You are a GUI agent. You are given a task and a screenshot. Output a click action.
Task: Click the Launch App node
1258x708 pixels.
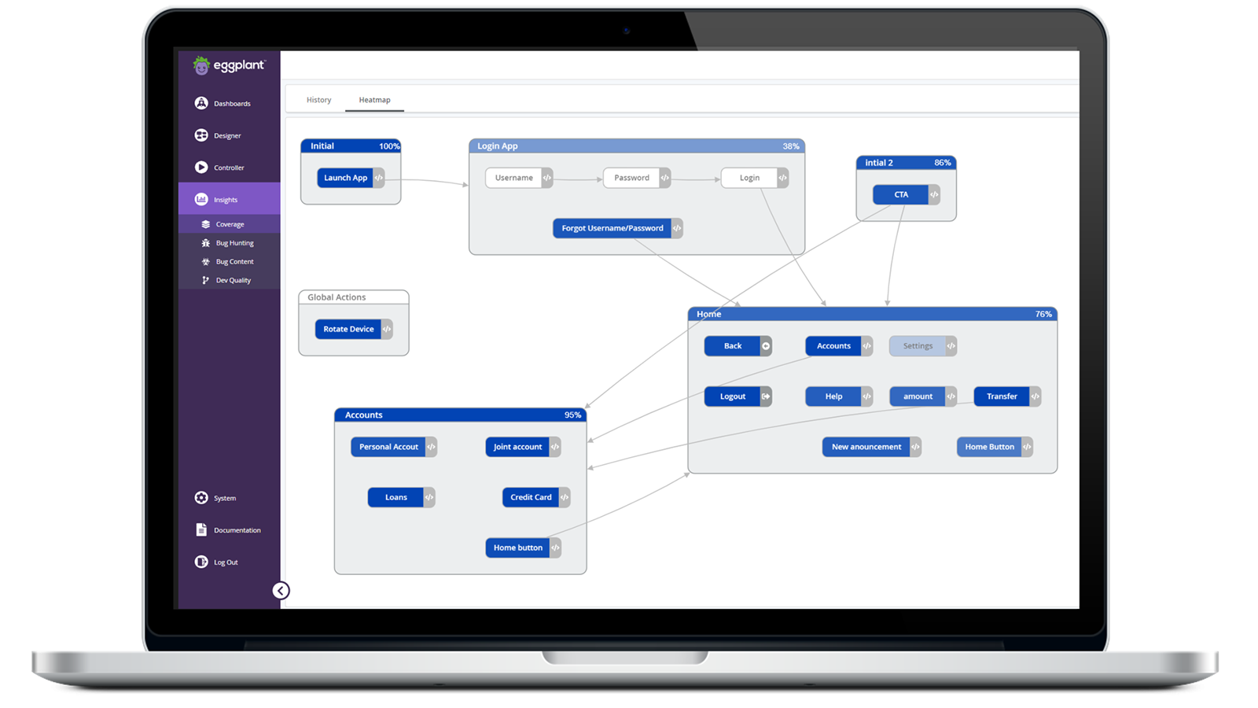click(x=346, y=178)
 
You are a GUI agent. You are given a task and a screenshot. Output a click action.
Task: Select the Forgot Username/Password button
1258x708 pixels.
click(x=612, y=228)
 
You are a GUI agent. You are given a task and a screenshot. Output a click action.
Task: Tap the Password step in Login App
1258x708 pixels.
click(x=632, y=178)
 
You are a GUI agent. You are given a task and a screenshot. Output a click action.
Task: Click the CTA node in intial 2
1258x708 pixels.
click(x=901, y=194)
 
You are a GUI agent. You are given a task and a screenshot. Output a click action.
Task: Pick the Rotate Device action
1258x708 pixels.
click(x=348, y=329)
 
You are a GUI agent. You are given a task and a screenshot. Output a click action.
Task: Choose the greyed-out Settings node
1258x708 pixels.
click(x=918, y=346)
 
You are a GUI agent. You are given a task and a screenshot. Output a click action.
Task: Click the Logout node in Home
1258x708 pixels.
click(x=733, y=396)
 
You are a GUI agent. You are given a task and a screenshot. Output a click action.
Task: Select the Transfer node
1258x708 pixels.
click(x=1002, y=396)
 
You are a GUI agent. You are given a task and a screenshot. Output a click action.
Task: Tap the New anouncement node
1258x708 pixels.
click(x=866, y=447)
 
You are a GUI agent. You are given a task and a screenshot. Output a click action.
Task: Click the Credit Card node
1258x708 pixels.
click(x=531, y=497)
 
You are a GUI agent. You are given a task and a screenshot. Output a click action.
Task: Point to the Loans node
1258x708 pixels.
click(x=396, y=497)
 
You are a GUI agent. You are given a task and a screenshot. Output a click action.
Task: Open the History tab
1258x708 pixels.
click(x=318, y=100)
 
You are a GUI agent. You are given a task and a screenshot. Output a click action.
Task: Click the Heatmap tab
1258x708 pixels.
click(x=374, y=100)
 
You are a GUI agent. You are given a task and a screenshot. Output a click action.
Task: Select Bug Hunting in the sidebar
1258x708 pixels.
click(x=234, y=243)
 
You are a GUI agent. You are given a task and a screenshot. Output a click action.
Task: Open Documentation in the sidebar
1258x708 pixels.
click(x=237, y=530)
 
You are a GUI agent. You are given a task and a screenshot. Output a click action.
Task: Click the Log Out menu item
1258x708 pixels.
click(x=226, y=562)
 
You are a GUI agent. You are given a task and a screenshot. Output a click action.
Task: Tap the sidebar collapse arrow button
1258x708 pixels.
click(x=281, y=591)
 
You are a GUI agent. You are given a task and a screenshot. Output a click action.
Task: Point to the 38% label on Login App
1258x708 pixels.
click(x=791, y=146)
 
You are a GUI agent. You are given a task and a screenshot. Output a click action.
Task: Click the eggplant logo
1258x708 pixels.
click(x=229, y=66)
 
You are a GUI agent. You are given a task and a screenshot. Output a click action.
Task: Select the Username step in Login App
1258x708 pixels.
click(x=514, y=178)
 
